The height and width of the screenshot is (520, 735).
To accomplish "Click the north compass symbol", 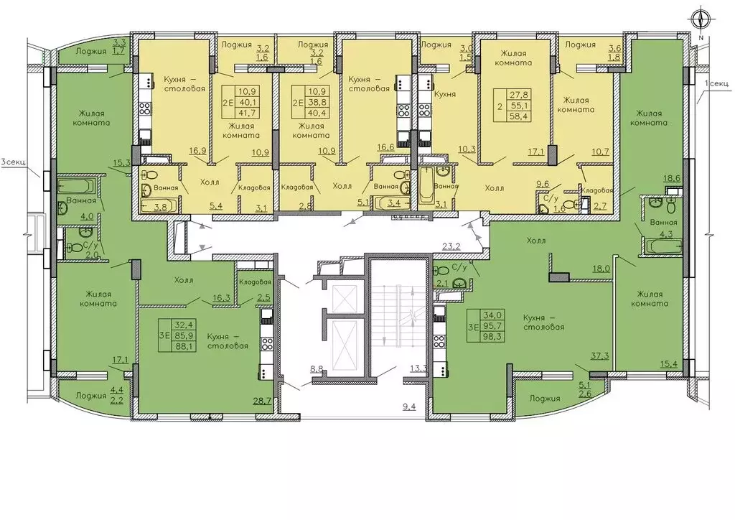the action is [701, 19].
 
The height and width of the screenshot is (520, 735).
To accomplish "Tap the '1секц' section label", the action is [717, 83].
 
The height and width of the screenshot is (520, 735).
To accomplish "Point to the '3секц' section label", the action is [13, 163].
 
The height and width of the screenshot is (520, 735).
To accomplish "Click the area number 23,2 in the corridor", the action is [451, 245].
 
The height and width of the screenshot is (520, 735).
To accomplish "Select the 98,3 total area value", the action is [495, 335].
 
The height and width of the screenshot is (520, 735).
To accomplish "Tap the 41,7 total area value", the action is [249, 113].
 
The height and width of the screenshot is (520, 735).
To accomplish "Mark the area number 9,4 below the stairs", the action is [409, 406].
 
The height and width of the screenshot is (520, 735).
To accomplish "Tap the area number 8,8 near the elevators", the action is [317, 368].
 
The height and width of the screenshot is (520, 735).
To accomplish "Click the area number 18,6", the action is [672, 178].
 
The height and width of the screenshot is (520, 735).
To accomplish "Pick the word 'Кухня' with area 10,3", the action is [445, 94].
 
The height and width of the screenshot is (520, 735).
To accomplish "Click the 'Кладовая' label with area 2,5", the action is [255, 282].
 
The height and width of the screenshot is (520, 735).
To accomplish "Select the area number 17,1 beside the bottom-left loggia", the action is [120, 360].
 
